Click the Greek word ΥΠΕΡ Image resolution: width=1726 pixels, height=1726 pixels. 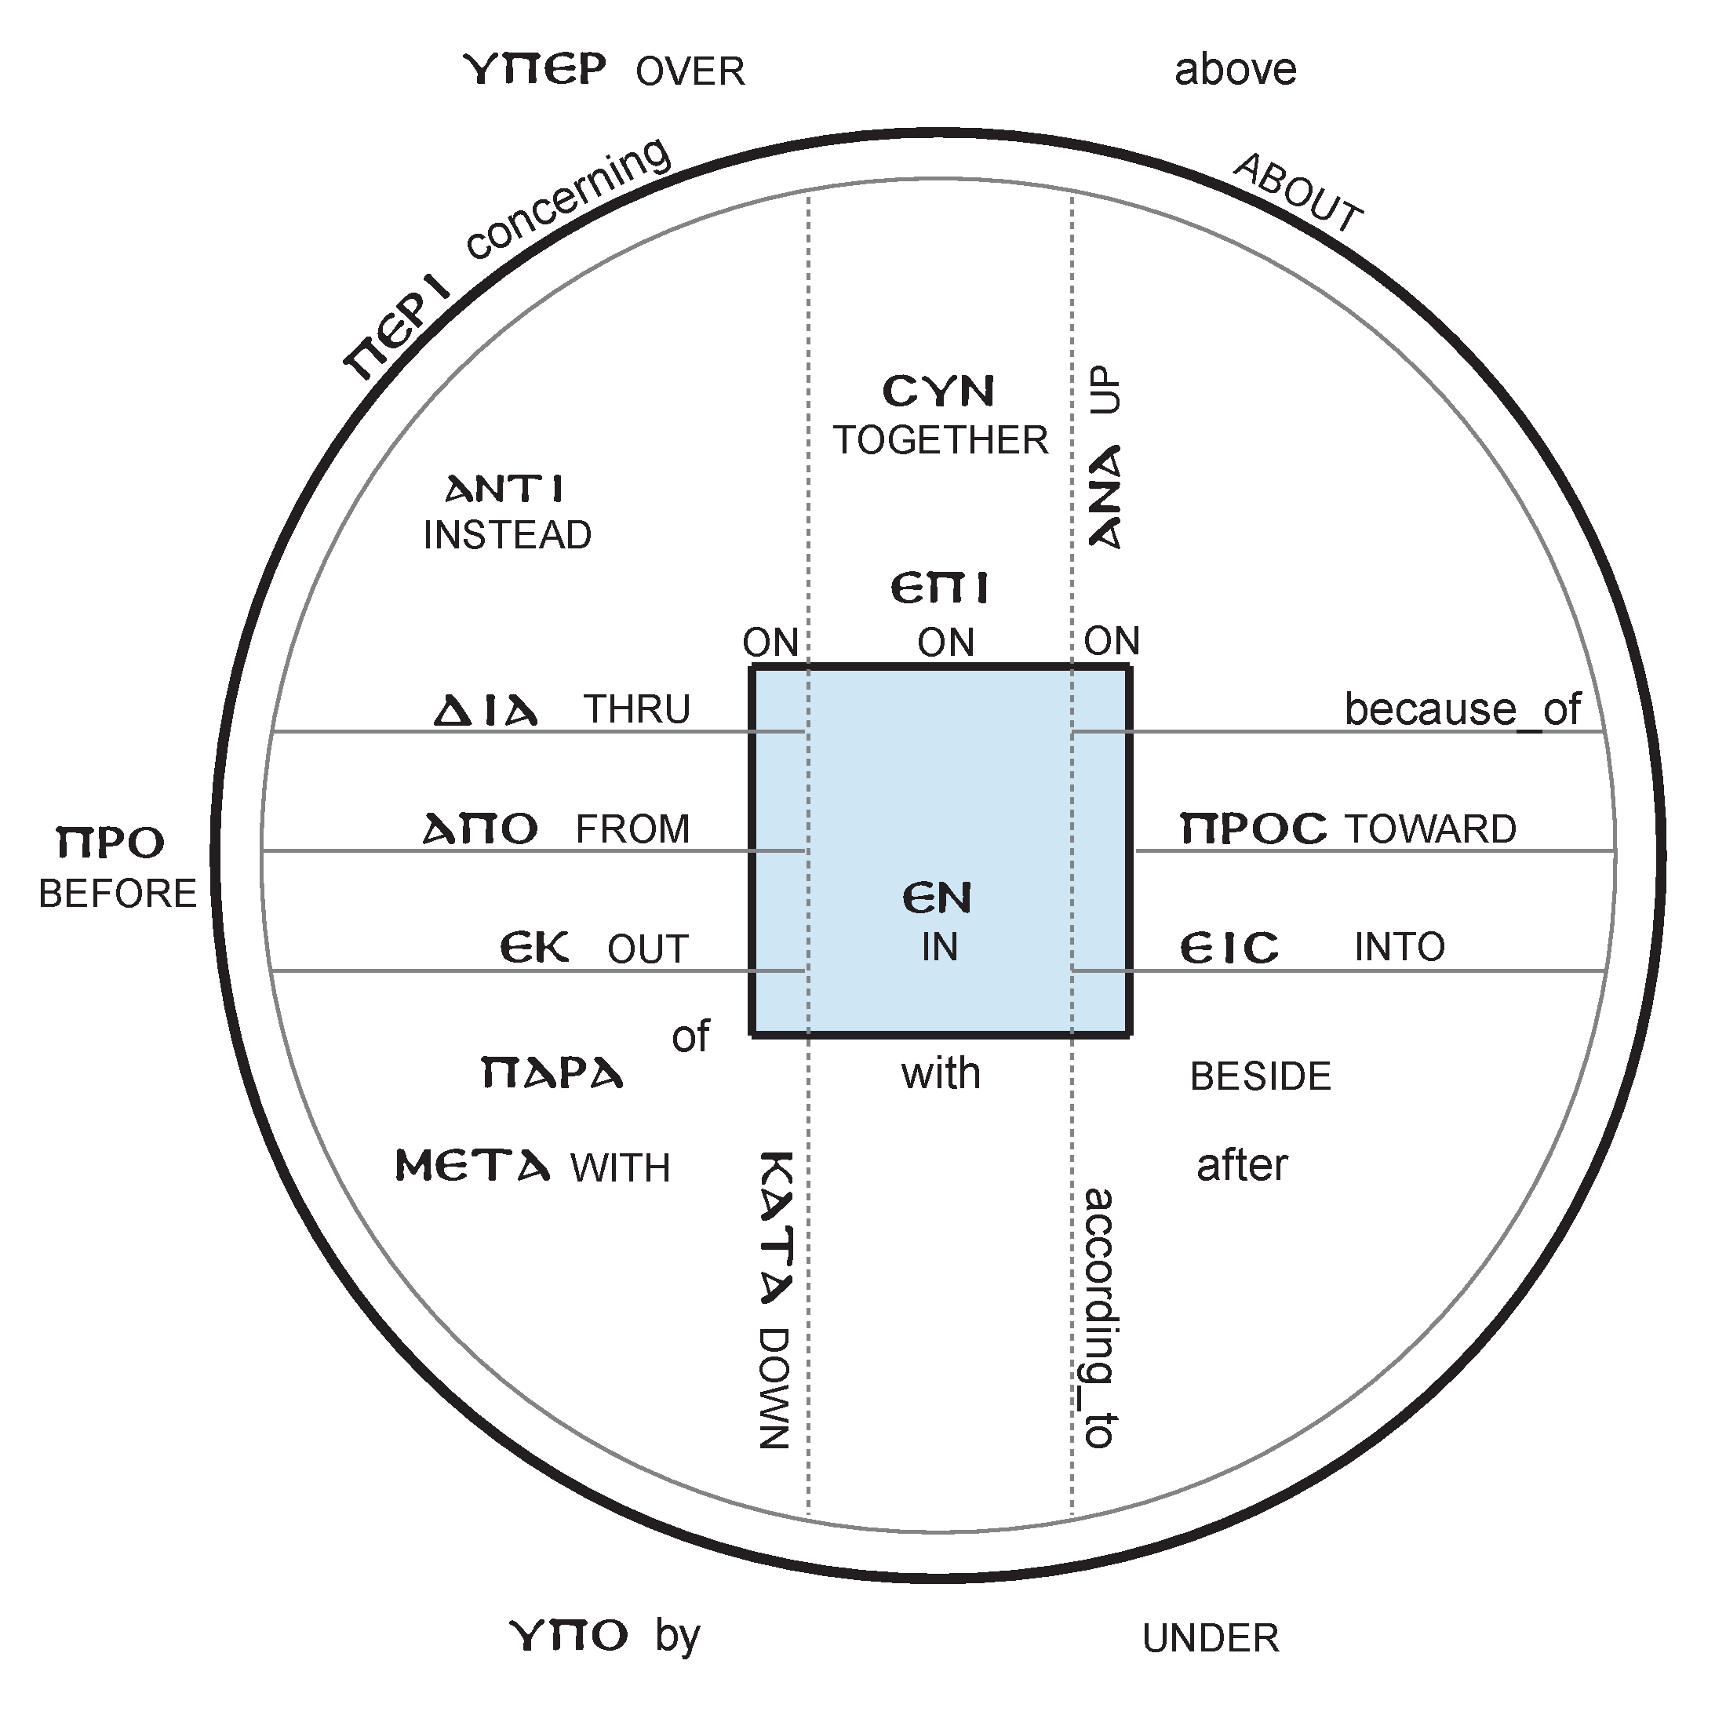(535, 70)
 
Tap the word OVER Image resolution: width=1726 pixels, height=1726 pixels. (690, 71)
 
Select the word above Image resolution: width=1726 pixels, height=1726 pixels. (1235, 70)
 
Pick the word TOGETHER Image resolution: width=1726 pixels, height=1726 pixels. (940, 440)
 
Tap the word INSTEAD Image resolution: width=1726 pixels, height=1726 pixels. (507, 535)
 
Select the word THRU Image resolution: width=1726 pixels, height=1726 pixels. (637, 709)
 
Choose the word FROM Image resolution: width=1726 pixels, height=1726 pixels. (632, 829)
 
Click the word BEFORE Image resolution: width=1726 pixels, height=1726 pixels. (117, 894)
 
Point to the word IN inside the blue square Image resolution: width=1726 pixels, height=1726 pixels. (939, 947)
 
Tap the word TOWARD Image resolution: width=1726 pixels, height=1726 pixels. (1430, 829)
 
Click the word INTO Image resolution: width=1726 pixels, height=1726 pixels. (1399, 947)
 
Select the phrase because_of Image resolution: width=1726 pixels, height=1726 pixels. (1462, 709)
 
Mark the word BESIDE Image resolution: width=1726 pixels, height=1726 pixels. (1260, 1076)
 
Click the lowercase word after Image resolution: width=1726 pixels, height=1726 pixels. (1242, 1166)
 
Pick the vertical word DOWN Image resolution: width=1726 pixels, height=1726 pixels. (774, 1389)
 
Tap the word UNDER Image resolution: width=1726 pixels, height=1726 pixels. (1211, 1638)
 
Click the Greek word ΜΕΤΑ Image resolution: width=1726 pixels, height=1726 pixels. (472, 1167)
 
